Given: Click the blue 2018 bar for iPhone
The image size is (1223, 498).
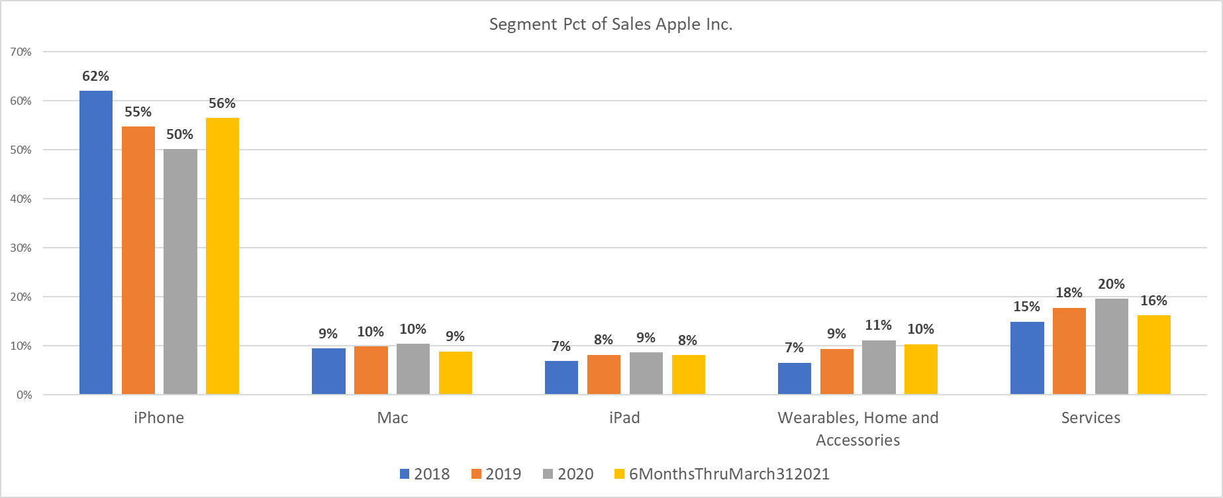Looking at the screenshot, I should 96,242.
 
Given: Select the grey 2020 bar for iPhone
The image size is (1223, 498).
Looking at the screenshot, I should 180,272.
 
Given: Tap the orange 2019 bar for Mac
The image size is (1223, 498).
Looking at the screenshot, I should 371,370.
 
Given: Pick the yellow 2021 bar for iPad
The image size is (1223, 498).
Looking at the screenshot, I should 688,374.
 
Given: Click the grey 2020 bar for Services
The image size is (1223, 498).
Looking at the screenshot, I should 1111,346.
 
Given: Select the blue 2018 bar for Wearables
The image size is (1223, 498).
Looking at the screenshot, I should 794,378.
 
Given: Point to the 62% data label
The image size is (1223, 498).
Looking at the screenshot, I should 95,76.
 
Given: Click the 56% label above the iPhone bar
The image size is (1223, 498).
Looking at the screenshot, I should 222,103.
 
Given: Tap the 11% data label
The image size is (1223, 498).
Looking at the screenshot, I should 878,325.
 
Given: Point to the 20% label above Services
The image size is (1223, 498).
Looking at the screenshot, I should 1111,284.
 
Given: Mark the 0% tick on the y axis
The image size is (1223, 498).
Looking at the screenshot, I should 24,395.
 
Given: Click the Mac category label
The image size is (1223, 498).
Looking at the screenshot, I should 393,418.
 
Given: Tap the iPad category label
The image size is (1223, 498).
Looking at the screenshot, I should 624,418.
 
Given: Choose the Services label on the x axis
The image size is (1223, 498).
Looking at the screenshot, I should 1091,418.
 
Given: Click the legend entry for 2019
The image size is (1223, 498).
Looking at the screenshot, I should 497,474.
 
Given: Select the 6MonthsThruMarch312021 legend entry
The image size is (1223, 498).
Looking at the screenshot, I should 722,474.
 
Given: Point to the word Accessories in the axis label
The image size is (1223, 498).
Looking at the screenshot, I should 857,440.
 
